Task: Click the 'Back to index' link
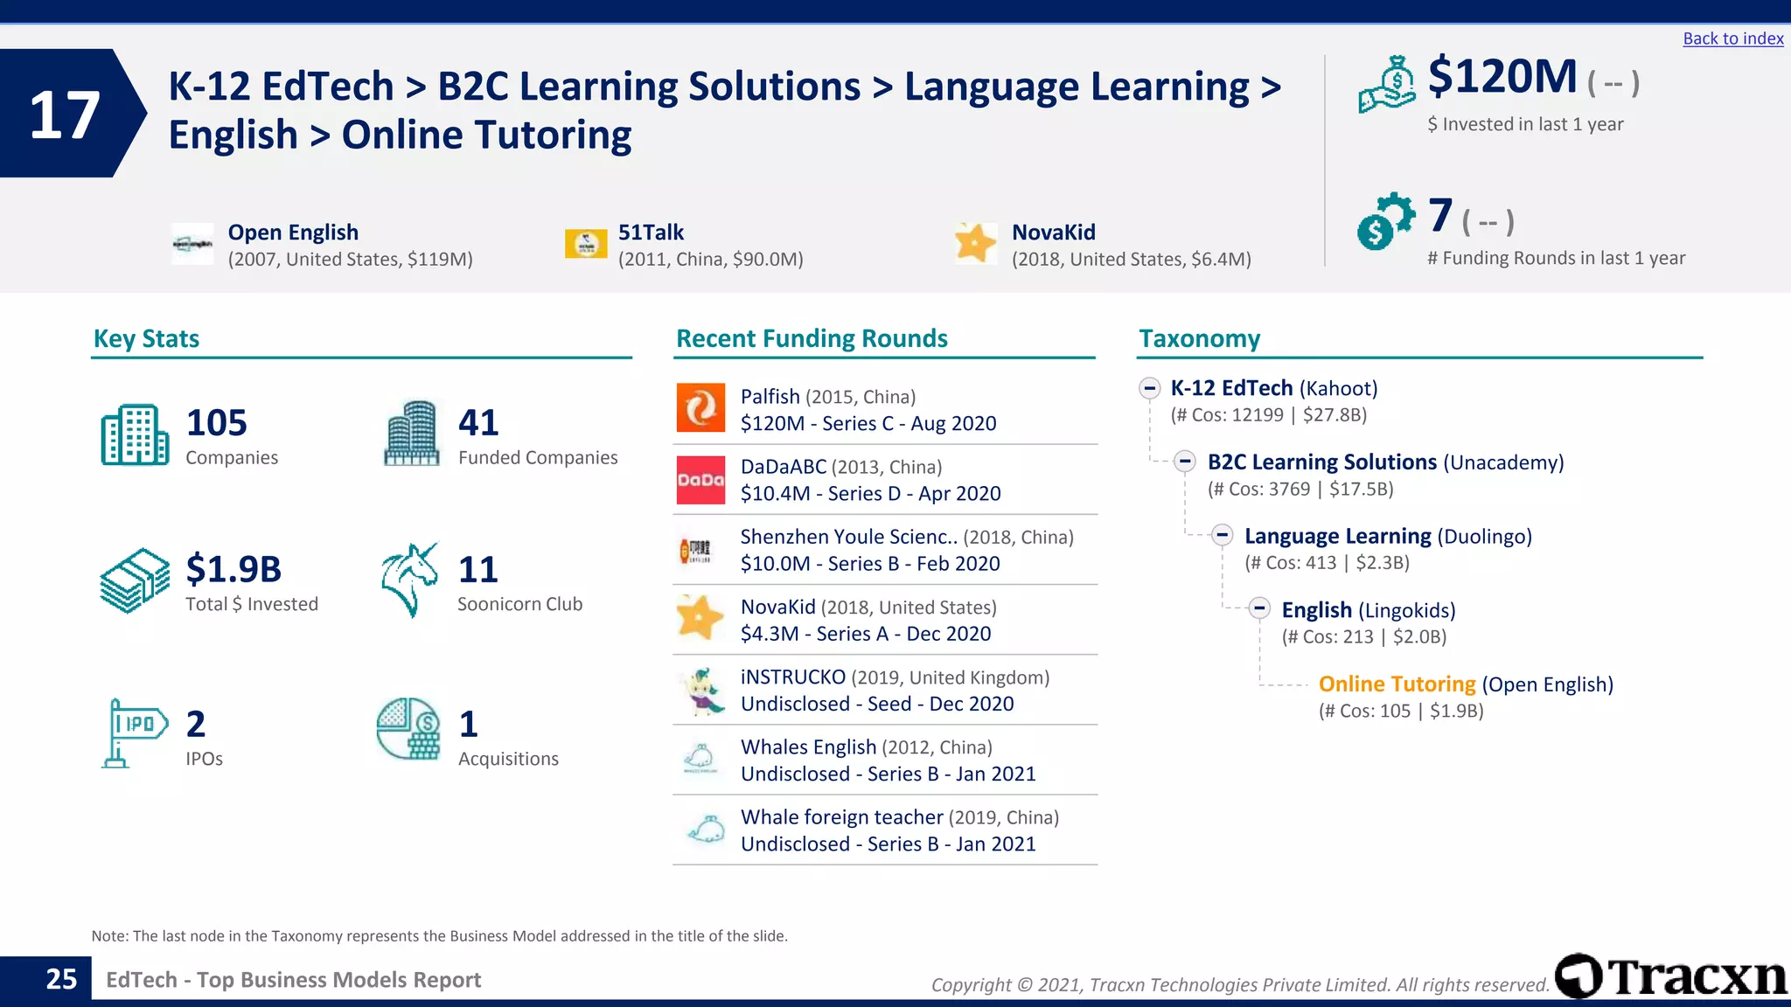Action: (x=1732, y=38)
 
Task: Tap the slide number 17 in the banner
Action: (x=64, y=115)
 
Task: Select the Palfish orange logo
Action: (x=700, y=408)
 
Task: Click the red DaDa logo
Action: (x=700, y=480)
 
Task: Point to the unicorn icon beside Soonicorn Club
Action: (x=409, y=580)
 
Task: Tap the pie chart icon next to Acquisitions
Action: (x=408, y=729)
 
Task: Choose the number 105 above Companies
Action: (x=217, y=423)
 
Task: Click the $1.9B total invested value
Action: (x=233, y=569)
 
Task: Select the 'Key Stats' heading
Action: (x=146, y=338)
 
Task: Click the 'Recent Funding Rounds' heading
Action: (x=812, y=338)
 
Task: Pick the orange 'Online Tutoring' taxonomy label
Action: (x=1397, y=684)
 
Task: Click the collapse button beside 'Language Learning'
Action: (x=1223, y=535)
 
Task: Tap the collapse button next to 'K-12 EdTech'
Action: (x=1149, y=387)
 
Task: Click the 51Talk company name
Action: (x=651, y=233)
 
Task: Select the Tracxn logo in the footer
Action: (x=1670, y=976)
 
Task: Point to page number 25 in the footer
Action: (x=61, y=979)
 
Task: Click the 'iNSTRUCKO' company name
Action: (x=793, y=677)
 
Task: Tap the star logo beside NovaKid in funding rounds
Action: (x=700, y=618)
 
